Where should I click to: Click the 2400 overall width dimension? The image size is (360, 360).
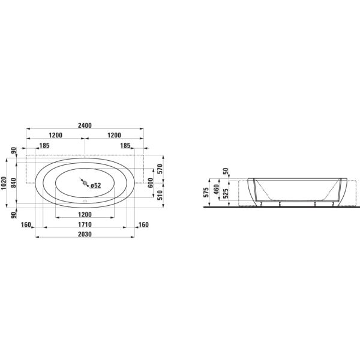85,125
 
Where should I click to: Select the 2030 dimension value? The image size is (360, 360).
85,234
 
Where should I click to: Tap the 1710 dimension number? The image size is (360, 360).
85,224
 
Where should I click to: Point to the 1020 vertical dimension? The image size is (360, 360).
4,183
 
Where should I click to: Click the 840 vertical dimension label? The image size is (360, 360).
14,183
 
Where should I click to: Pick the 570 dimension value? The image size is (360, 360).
160,169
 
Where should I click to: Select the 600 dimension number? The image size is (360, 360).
151,183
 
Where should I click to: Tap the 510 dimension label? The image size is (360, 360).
160,195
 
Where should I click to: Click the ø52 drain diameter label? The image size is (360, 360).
95,185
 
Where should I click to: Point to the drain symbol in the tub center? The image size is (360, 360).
85,183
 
